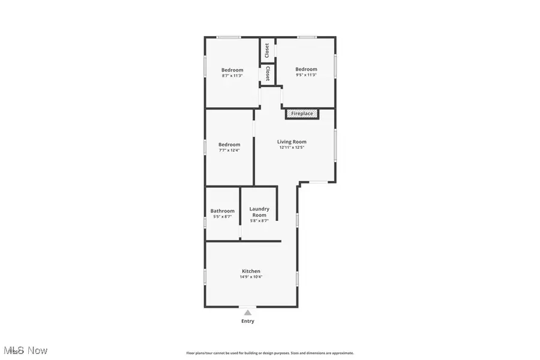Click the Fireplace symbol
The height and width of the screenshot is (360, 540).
coord(302,113)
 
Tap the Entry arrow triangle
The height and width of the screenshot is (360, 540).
coord(247,311)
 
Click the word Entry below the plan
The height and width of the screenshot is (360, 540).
coord(248,321)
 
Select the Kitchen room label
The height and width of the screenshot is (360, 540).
coord(251,271)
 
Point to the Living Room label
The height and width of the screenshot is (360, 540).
coord(292,142)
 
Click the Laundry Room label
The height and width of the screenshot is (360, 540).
coord(259,212)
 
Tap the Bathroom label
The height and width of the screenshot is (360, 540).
coord(222,211)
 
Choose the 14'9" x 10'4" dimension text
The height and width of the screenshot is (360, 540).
coord(251,277)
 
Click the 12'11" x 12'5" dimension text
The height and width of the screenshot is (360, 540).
coord(292,148)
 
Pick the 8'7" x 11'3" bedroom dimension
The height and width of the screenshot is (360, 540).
coord(232,76)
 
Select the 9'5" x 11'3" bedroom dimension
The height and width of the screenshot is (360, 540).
coord(306,75)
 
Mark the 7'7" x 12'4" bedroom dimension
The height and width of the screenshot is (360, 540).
coord(229,150)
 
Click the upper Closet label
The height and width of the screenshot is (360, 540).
coord(268,50)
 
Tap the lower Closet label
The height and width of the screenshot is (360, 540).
coord(268,73)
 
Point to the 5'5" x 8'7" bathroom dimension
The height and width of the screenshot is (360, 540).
coord(222,217)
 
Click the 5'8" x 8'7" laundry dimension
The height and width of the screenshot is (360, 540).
coord(259,221)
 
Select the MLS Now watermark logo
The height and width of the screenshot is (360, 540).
coord(25,350)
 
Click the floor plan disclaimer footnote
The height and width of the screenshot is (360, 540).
coord(270,353)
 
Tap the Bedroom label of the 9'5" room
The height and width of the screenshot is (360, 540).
coord(306,69)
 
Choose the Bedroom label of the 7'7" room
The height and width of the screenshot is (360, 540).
coord(229,144)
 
